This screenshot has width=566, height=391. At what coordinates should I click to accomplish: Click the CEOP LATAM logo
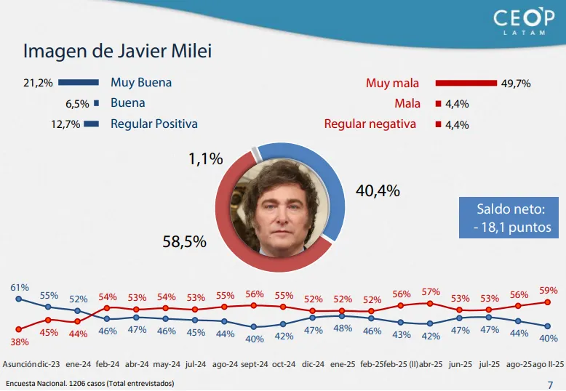[x=518, y=22]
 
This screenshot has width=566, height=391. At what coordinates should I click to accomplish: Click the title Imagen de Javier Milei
[x=118, y=52]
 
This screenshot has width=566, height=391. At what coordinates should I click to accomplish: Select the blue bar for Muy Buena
[x=79, y=82]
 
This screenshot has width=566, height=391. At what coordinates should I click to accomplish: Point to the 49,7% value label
[x=516, y=83]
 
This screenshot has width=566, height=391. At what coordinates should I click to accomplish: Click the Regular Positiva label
[x=154, y=124]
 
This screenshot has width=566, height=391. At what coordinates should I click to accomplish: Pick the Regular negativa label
[x=370, y=124]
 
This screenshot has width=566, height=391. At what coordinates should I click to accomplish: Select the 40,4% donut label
[x=378, y=191]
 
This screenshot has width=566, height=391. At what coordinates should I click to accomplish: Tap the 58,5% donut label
[x=184, y=241]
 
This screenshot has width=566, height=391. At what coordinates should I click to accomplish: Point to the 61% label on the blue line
[x=19, y=287]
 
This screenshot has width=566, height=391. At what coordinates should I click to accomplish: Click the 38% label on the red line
[x=19, y=341]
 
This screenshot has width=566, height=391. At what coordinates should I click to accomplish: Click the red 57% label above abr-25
[x=431, y=292]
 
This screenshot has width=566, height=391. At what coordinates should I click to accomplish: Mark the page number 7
[x=549, y=383]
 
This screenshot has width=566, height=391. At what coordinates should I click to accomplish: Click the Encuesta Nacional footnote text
[x=89, y=383]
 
